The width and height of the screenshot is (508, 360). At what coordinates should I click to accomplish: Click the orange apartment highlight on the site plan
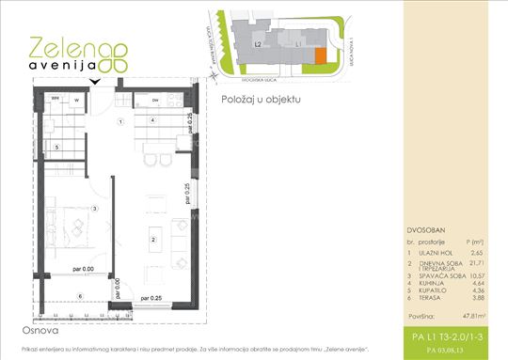320,56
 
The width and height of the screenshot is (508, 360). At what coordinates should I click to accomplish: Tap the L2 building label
258,43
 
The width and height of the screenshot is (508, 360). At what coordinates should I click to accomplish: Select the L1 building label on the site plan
297,43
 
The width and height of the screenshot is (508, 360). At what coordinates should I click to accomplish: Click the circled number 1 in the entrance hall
119,123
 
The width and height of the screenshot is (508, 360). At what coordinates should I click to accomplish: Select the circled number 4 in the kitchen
151,122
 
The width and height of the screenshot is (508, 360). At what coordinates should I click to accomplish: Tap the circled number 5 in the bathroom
56,148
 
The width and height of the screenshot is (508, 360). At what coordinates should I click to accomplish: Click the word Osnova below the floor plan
44,331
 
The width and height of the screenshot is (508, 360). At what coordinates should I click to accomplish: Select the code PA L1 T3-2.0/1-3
454,336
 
